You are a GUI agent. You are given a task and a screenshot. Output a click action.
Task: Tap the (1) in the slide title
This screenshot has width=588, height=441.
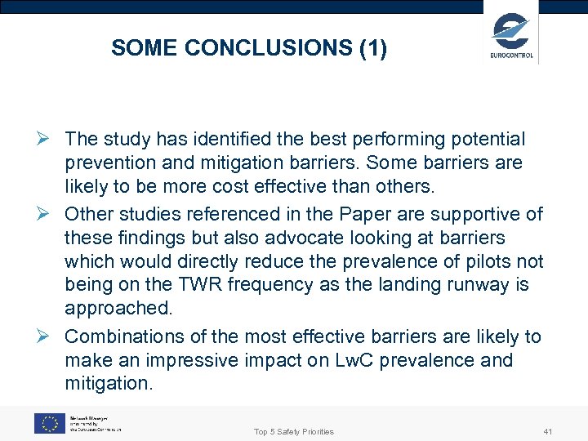[372, 48]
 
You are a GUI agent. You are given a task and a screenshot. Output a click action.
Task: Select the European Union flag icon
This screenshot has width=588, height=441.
[49, 422]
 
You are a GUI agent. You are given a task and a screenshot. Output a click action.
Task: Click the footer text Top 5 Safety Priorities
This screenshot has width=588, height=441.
[294, 431]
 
